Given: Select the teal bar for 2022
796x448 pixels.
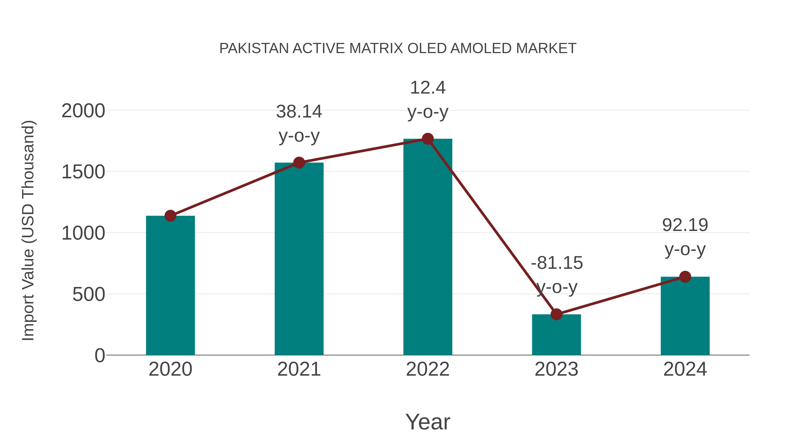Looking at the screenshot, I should point(428,247).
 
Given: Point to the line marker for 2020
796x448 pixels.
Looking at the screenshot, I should point(170,216).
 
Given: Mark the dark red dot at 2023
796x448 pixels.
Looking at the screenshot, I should point(556,314).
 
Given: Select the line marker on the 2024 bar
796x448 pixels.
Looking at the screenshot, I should point(685,277).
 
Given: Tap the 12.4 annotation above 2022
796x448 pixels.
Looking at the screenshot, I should point(428,88).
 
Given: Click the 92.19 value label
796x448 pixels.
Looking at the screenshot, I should point(685,225).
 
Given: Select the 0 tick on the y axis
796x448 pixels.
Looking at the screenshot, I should point(100,356).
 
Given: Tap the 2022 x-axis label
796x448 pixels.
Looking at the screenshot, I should point(428,369).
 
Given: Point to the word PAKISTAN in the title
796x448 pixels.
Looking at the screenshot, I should point(254,48).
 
